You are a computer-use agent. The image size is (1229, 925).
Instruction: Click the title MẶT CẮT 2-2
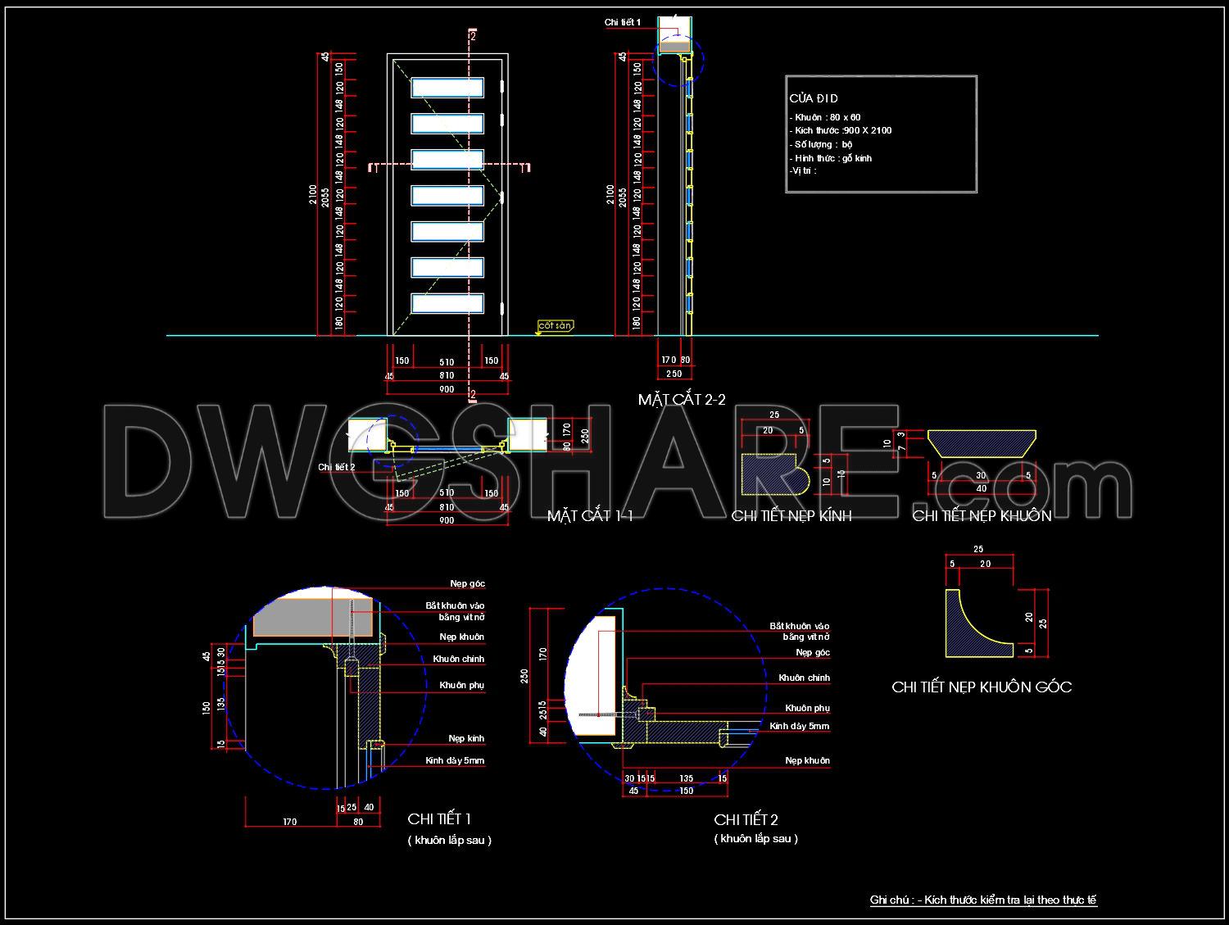tap(682, 400)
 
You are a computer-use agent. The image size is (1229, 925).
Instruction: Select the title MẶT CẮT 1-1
tap(590, 515)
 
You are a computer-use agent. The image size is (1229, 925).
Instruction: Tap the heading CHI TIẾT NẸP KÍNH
tap(791, 515)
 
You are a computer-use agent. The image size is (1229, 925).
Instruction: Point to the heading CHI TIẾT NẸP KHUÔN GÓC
tap(982, 687)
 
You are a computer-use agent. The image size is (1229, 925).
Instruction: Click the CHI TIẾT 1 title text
tap(439, 819)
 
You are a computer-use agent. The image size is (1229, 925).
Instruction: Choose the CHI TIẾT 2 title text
tap(746, 819)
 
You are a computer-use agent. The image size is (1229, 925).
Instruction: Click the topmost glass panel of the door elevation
tap(447, 88)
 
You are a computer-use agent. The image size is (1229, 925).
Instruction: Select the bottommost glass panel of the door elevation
tap(447, 303)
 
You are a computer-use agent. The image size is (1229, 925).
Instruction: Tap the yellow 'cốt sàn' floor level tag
tap(554, 326)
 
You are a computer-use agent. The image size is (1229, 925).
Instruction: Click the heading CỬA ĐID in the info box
tap(814, 98)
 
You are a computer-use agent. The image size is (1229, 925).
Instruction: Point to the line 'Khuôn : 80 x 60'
tap(825, 117)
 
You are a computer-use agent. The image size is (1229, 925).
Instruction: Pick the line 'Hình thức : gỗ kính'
tap(831, 158)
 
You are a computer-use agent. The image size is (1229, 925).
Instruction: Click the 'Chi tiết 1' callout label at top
tap(623, 22)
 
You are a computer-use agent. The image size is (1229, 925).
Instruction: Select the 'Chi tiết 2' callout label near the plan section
tap(336, 467)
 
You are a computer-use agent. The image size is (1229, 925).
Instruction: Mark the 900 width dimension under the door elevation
tap(447, 389)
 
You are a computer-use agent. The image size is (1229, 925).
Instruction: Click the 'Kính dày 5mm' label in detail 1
tap(455, 761)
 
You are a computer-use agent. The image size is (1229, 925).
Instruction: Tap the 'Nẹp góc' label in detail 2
tap(813, 653)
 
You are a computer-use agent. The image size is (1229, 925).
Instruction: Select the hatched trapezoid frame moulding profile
tap(982, 443)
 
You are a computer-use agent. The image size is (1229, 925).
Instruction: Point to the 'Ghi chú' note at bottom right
tap(983, 900)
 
